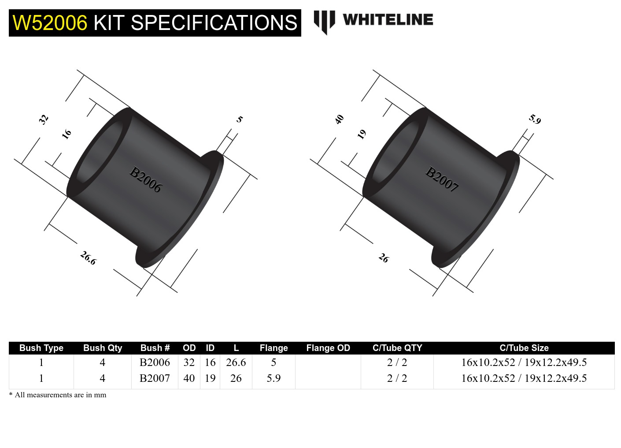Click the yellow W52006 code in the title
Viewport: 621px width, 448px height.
pos(50,23)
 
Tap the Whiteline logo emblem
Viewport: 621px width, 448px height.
pos(324,22)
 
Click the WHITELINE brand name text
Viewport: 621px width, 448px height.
pos(388,20)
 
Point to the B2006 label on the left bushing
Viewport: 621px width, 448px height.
pos(146,179)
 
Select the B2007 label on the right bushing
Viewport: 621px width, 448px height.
pos(442,179)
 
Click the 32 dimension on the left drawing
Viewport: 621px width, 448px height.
pos(43,119)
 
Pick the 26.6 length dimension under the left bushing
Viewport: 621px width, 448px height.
pos(88,258)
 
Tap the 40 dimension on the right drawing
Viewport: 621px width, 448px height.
pos(339,119)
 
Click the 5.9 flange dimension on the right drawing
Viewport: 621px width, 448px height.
pos(535,119)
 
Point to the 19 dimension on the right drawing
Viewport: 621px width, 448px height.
pos(362,134)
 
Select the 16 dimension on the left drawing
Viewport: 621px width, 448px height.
pos(66,134)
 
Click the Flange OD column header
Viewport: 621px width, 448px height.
pos(328,348)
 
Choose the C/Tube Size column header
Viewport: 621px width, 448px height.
pos(524,348)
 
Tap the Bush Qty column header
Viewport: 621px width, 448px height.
pos(103,348)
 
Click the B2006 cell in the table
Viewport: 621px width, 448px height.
pos(155,362)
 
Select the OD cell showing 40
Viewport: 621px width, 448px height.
pos(189,378)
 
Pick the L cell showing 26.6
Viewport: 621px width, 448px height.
pos(236,362)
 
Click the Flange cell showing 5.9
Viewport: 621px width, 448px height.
pos(274,378)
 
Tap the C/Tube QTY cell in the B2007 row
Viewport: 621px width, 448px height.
pos(397,378)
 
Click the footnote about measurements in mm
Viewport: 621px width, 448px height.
pos(58,395)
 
